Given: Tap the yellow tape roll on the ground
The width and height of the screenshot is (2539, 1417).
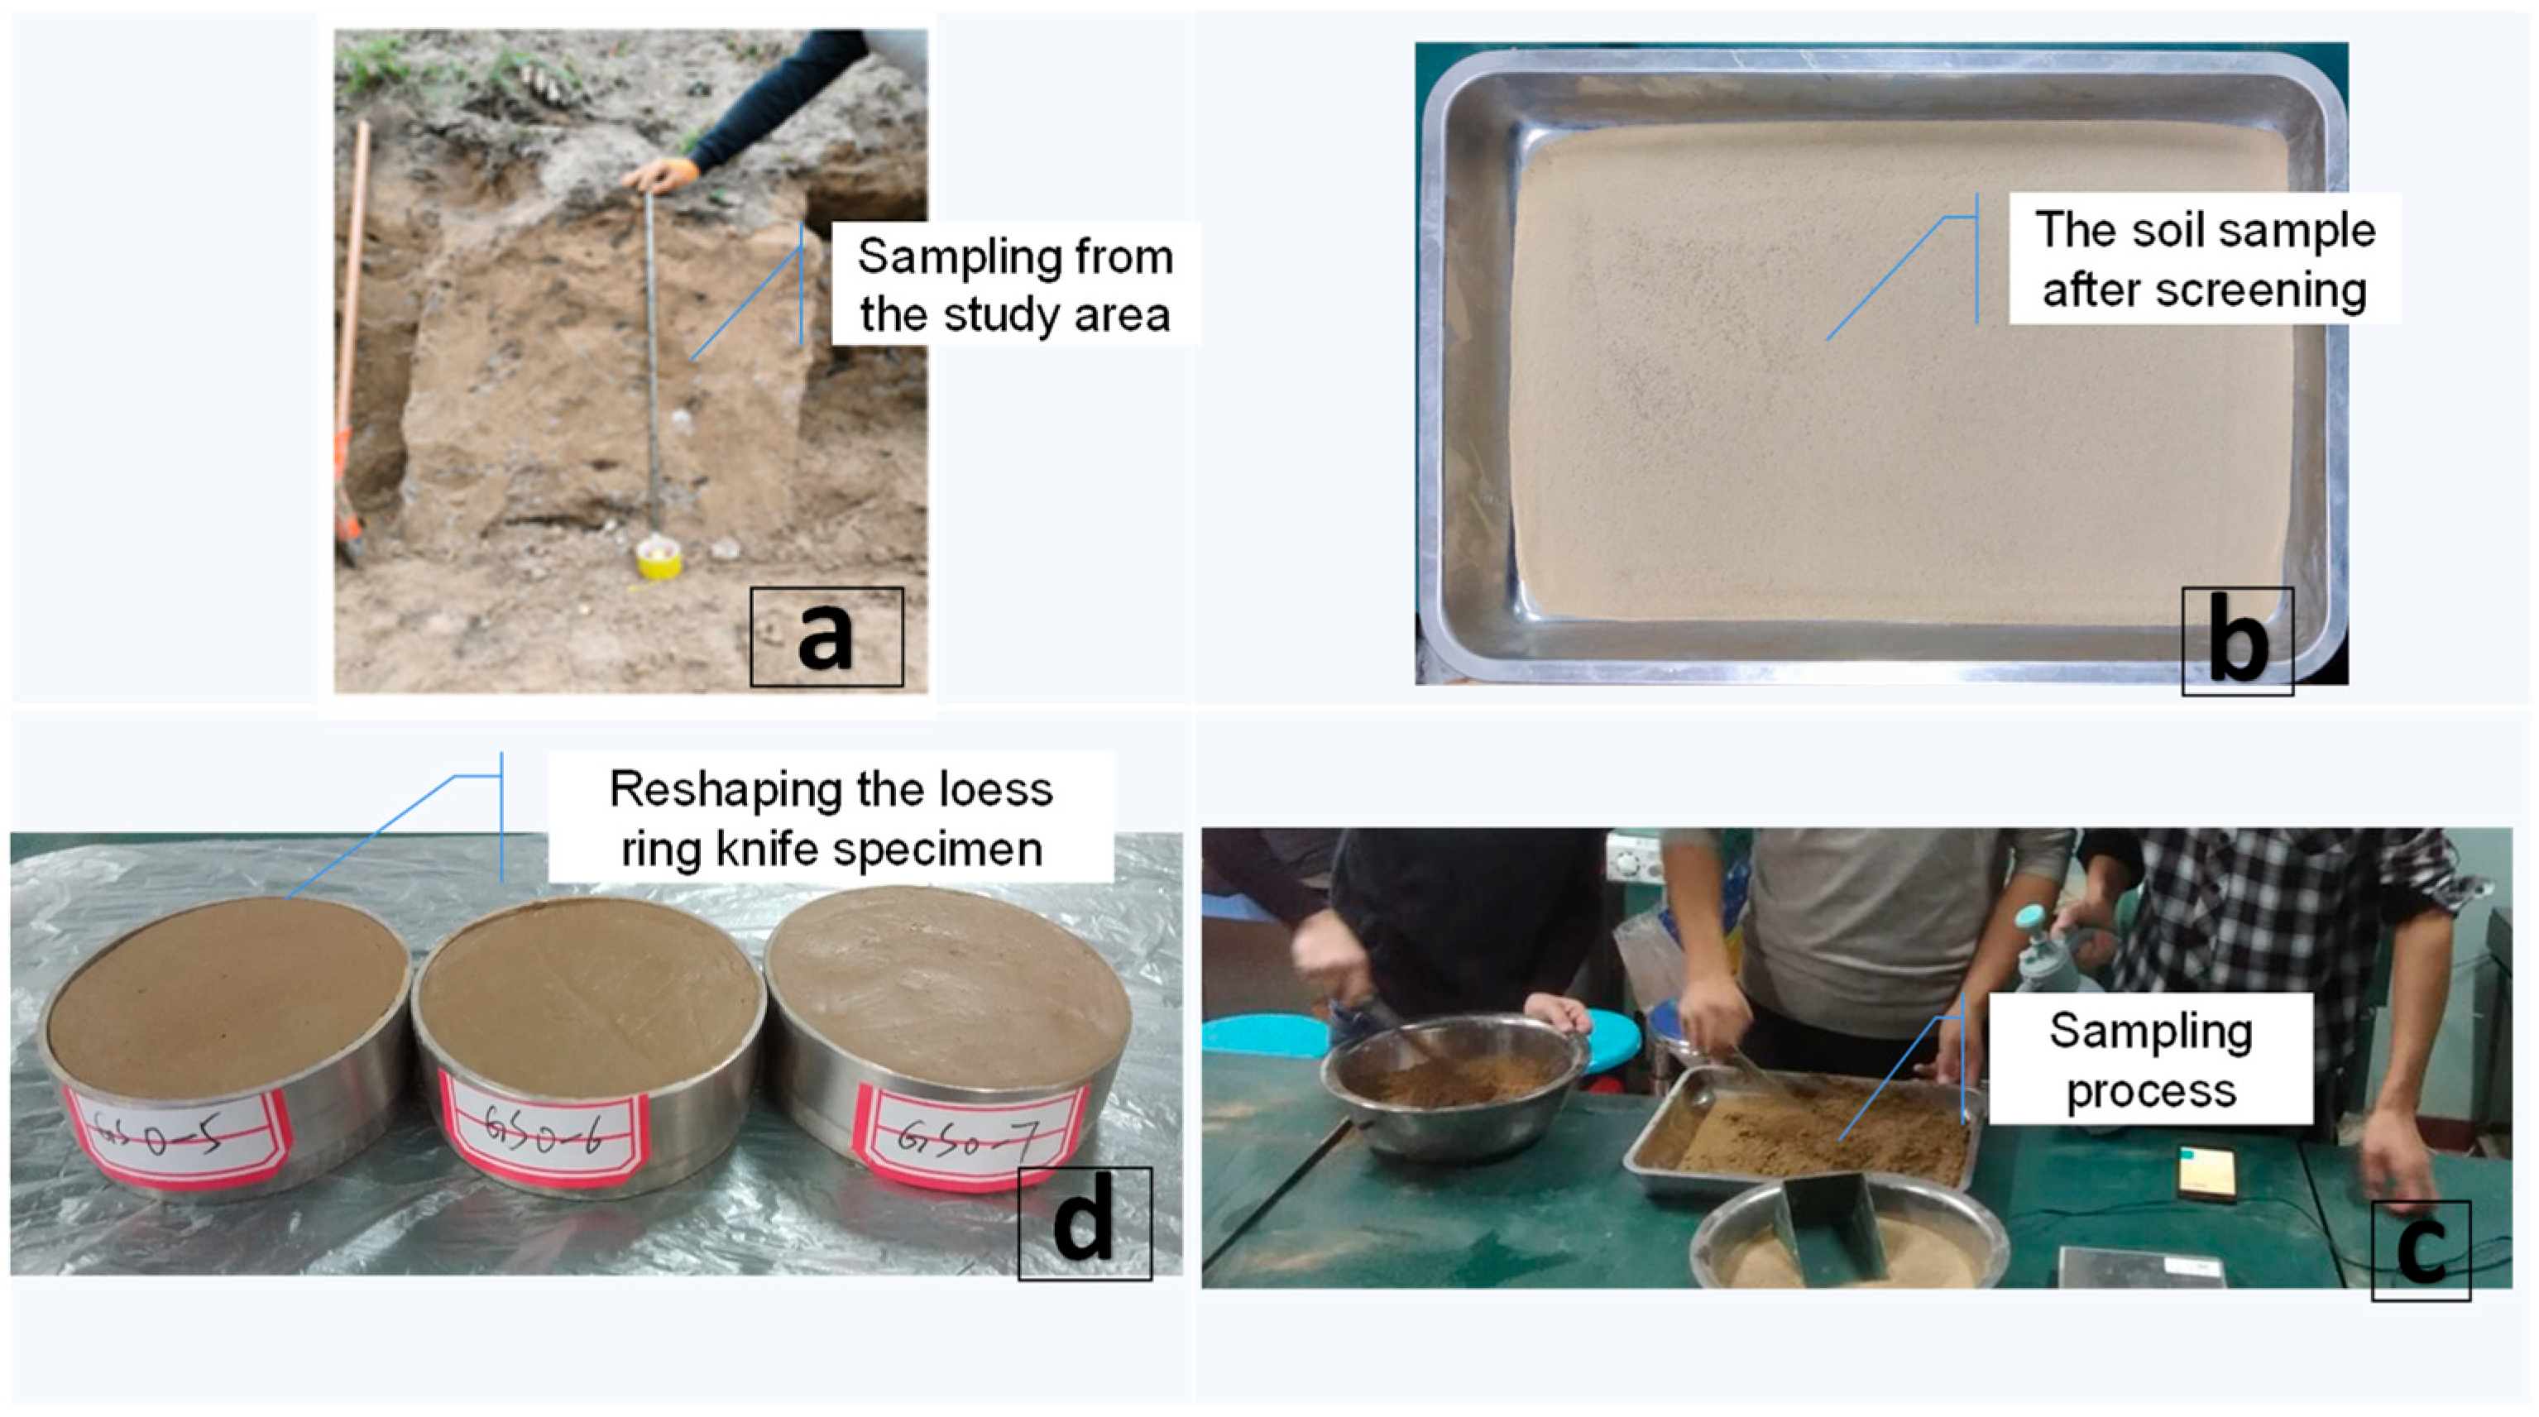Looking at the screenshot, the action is pos(659,558).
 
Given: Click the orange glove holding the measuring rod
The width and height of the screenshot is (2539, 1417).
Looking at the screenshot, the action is pos(663,175).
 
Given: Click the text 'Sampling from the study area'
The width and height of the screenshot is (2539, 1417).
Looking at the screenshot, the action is pos(1015,285).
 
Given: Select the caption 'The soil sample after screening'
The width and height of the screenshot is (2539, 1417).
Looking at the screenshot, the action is pos(2205,259).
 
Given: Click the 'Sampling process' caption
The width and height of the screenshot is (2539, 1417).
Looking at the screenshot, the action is pos(2151,1060).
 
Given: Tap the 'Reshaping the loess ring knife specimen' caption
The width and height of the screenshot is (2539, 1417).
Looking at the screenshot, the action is pos(831,818).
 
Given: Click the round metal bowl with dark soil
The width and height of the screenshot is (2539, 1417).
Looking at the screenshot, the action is pos(1454,1084).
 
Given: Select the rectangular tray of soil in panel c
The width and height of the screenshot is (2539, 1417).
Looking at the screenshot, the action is pos(1804,1134).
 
